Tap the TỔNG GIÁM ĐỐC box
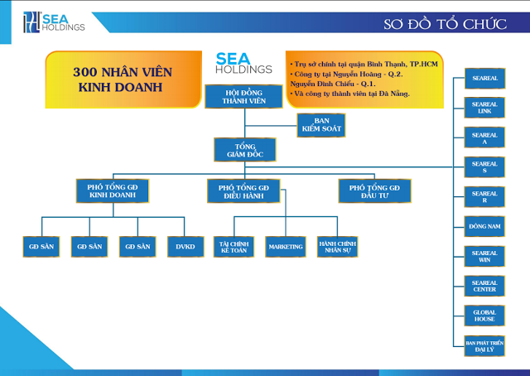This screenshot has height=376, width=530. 243,150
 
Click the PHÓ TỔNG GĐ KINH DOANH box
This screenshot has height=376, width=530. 112,191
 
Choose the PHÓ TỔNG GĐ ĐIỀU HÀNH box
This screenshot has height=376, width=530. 243,191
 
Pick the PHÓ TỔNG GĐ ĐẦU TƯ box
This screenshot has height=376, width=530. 374,191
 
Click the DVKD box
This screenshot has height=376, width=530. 184,246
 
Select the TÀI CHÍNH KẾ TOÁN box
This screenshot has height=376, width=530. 234,246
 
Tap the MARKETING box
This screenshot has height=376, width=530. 286,246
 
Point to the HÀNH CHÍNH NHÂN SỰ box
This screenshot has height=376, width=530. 337,246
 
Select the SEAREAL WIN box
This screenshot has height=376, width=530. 484,255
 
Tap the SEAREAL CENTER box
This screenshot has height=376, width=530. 484,285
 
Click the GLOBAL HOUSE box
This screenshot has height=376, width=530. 484,314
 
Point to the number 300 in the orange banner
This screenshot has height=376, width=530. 89,72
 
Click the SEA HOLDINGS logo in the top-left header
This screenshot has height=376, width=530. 55,22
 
